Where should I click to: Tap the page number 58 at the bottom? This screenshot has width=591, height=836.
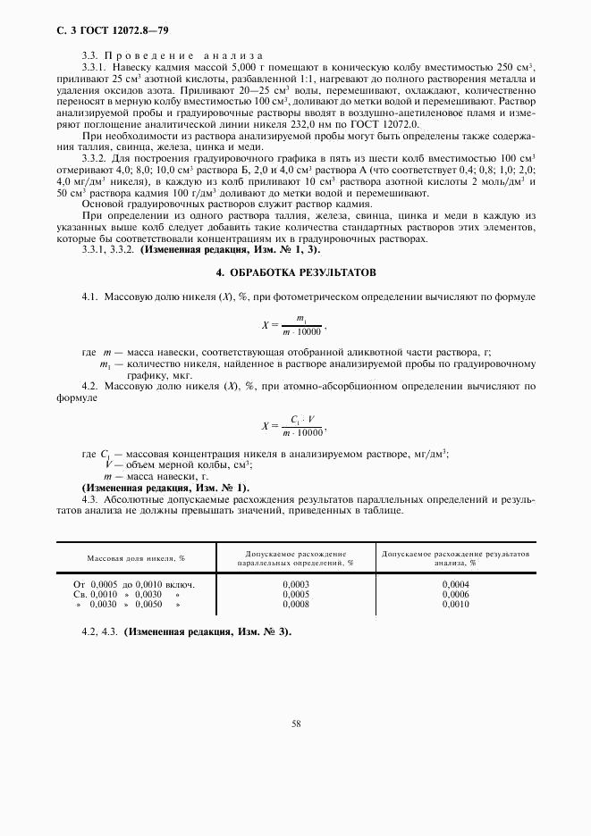click(295, 725)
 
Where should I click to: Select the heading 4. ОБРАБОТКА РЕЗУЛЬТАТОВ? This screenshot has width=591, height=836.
click(295, 271)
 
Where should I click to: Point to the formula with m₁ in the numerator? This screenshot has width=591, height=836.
click(302, 325)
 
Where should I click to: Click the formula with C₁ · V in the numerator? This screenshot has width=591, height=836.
click(302, 426)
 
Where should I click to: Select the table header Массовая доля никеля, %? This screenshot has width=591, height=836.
click(136, 557)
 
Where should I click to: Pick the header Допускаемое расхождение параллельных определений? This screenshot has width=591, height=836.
click(295, 558)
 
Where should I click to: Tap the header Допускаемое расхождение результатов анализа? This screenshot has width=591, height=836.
click(456, 558)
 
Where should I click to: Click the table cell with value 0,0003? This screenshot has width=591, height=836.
click(295, 584)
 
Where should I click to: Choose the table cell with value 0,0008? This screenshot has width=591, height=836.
click(295, 604)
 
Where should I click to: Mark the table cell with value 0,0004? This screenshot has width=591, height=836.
click(456, 584)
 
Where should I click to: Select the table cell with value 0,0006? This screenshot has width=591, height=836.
click(456, 594)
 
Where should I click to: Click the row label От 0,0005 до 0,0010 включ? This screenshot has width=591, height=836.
click(134, 584)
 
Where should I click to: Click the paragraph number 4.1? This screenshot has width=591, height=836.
click(90, 294)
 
